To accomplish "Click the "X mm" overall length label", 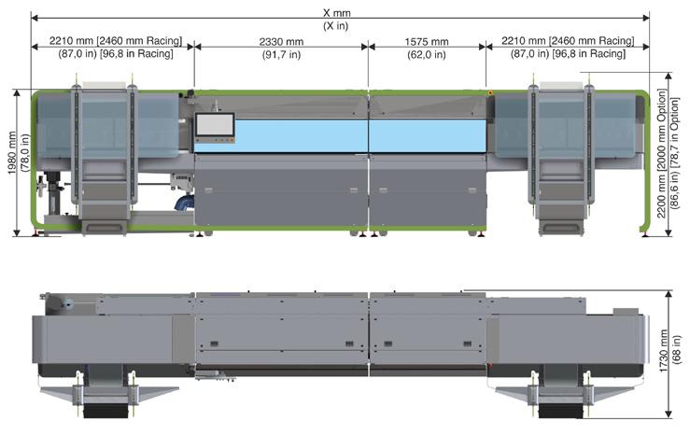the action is (x=336, y=13).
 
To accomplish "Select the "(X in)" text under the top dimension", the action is (x=336, y=25).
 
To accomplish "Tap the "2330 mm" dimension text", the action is (x=281, y=42).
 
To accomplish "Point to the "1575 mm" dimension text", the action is (x=427, y=42).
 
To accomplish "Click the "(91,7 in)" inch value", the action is (x=282, y=54).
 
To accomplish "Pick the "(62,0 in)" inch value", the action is (x=427, y=54).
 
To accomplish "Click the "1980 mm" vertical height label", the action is (x=12, y=153).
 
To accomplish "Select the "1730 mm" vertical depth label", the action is (x=663, y=351).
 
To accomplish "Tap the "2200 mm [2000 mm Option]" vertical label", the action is (x=661, y=153).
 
